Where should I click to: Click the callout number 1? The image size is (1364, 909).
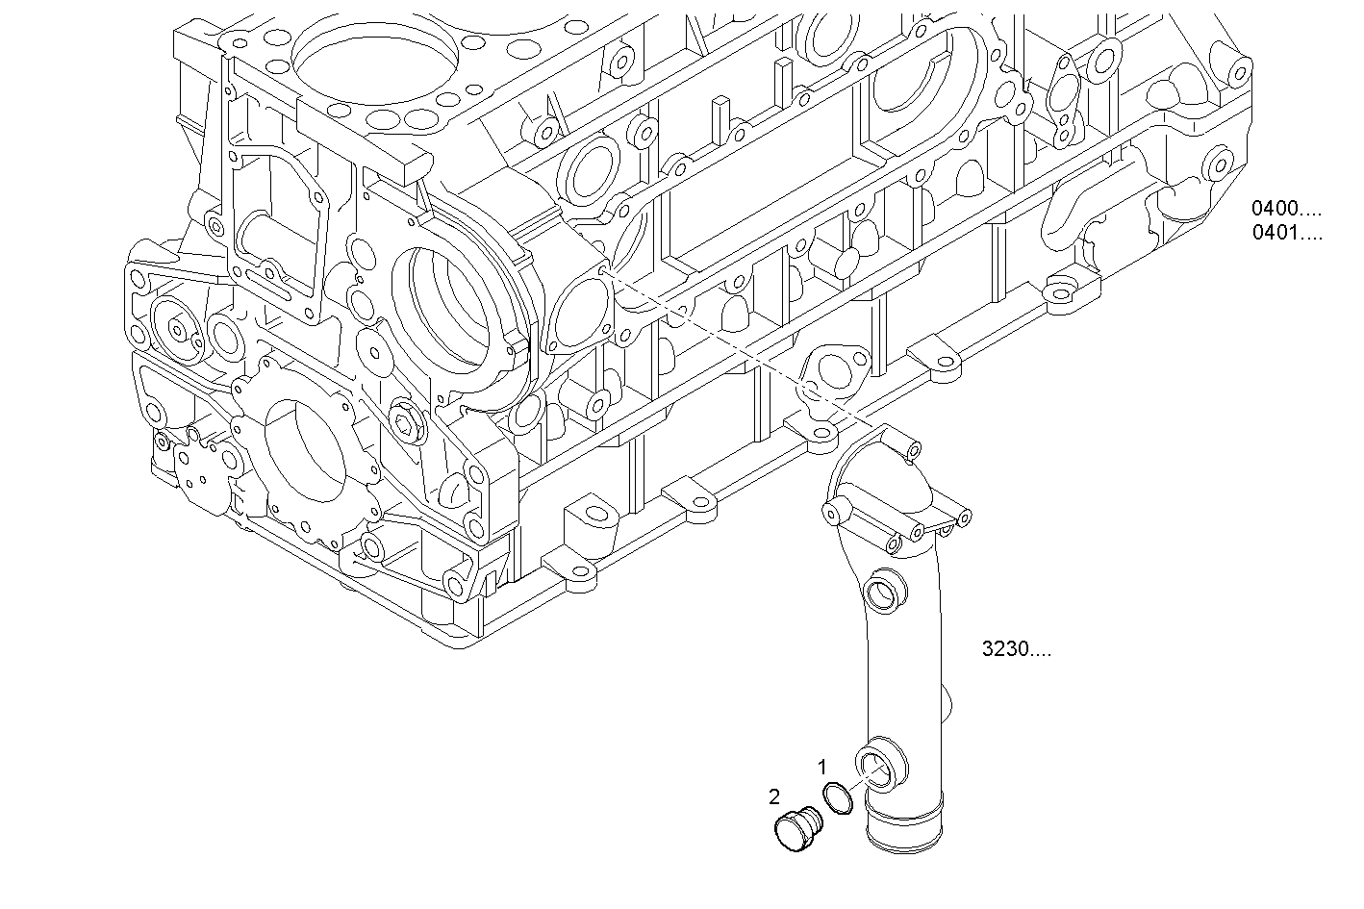pyautogui.click(x=821, y=767)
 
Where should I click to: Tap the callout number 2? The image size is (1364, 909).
pyautogui.click(x=774, y=795)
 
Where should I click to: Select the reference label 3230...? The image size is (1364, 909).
pyautogui.click(x=1016, y=649)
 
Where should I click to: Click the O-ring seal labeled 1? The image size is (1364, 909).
pyautogui.click(x=838, y=799)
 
